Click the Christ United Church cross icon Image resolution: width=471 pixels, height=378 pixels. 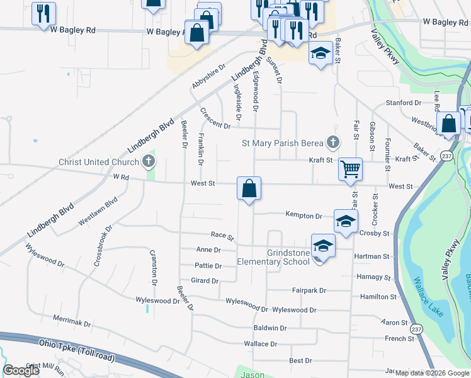(149, 162)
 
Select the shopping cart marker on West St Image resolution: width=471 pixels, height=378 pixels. (349, 169)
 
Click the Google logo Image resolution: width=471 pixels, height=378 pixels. (21, 370)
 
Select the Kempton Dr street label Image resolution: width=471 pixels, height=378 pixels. (304, 215)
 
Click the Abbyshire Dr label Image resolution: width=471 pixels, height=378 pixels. (208, 76)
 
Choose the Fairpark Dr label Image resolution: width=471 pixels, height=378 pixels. (309, 290)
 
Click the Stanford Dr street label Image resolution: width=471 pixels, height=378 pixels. (404, 103)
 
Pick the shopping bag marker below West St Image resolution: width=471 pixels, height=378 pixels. (249, 188)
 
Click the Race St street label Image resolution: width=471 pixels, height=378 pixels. (222, 236)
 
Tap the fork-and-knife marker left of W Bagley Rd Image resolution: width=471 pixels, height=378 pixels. (43, 14)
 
